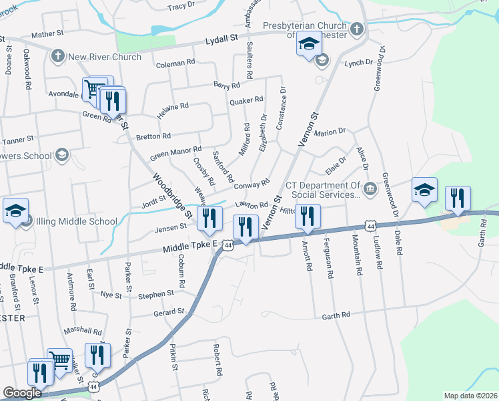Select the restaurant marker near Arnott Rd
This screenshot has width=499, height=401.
coord(308,216)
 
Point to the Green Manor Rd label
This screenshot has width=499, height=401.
coord(175,154)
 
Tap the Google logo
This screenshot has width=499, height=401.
coord(22,393)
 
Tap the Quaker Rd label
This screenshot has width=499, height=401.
coord(246,101)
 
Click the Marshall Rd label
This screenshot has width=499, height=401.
coord(82,331)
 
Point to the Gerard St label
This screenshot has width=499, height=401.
coord(169,312)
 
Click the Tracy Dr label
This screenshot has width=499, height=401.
coord(181,7)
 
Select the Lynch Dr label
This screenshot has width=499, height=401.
coord(358,62)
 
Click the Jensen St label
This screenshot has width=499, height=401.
coord(169,228)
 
